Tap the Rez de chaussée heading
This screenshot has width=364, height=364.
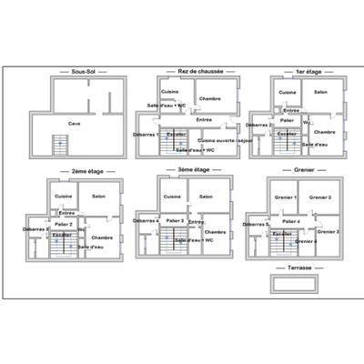coord(196,70)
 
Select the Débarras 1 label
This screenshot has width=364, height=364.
coord(146,135)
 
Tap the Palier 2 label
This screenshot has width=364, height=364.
coord(64,223)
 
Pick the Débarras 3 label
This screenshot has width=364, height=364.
coord(36,229)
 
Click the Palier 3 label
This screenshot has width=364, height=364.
coord(175,220)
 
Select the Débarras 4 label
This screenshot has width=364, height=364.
coord(146,220)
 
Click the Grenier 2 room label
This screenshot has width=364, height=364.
coord(319,197)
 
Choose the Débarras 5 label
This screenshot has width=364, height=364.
coord(256,224)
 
